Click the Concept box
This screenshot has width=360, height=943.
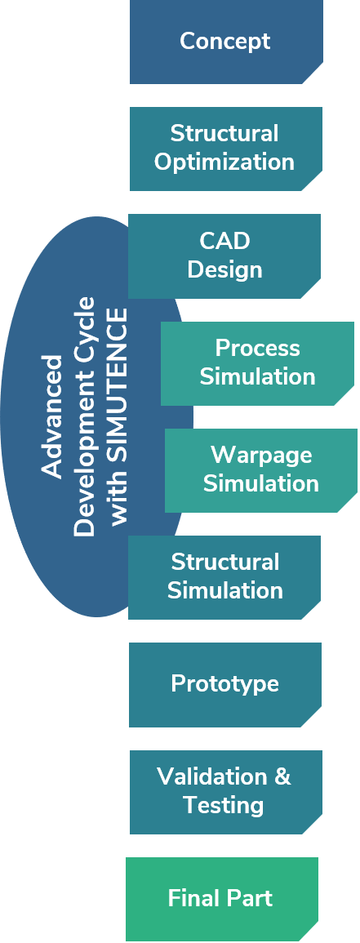point(226,42)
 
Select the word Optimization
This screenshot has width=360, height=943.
point(224,162)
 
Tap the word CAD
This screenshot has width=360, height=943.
point(224,241)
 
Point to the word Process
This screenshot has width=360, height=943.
point(257,348)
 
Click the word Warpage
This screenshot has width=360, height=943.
point(261,456)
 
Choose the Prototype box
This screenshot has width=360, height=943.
point(224,684)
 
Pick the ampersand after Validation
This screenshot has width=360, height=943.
point(282,776)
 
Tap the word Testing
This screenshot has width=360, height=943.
point(224,805)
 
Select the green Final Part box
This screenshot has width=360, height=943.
point(222,899)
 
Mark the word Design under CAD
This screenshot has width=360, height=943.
point(224,269)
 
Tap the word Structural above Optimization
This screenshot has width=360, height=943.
point(224,134)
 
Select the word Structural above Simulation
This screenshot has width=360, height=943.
point(224,562)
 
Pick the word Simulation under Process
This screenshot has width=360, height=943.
point(257,376)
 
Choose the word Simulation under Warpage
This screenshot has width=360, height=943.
point(261,483)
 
